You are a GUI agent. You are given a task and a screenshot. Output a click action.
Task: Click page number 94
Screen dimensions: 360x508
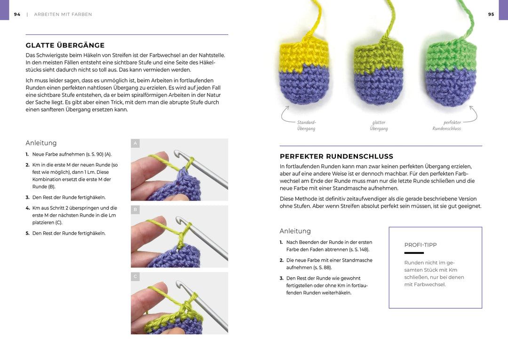pos(17,15)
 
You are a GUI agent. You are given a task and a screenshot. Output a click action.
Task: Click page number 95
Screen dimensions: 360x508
pos(491,15)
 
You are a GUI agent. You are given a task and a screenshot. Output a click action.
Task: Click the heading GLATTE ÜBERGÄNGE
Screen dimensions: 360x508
pos(65,46)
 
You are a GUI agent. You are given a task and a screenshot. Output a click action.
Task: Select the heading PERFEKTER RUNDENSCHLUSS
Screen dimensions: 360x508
pos(336,157)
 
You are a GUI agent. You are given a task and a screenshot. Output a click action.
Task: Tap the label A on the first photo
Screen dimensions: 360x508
pos(135,143)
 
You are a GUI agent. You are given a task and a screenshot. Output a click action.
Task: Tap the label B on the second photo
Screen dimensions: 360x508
pos(135,210)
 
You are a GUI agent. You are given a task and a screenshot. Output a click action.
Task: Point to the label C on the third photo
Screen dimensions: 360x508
pos(135,277)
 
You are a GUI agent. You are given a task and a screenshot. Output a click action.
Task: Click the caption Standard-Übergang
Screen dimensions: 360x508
pos(306,125)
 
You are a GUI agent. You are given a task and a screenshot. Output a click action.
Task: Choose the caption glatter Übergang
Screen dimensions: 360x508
pos(379,125)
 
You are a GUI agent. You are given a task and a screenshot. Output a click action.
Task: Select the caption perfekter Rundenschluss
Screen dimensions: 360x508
pos(447,125)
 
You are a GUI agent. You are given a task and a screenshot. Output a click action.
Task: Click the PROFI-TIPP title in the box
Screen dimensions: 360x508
pos(421,245)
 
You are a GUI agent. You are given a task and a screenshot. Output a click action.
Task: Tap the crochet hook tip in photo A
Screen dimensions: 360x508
pos(178,153)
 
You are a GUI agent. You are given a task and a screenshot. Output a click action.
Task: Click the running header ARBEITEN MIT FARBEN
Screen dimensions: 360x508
pos(63,15)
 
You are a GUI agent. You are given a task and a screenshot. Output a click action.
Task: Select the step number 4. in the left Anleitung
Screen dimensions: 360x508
pos(28,208)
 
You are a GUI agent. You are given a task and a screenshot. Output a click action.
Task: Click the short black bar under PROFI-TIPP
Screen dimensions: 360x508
pos(414,253)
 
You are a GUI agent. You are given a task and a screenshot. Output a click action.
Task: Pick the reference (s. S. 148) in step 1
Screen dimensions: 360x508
pos(359,250)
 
